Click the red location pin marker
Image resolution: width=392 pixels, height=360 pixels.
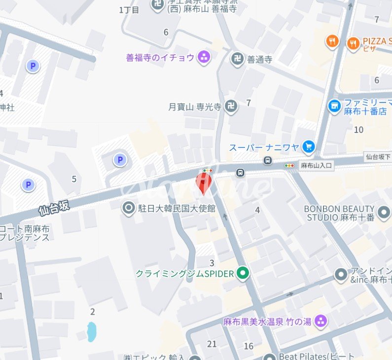coord(204,183)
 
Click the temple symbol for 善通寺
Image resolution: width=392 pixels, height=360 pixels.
coord(237,60)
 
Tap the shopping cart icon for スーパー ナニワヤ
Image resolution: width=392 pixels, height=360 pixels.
coord(309,147)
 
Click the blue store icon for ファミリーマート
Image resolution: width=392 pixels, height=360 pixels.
coord(335,105)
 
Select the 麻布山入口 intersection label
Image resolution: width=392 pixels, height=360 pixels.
coord(317,166)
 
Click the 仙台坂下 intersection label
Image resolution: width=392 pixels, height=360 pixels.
coord(378,157)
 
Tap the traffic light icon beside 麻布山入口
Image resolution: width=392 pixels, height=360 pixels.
coord(289,166)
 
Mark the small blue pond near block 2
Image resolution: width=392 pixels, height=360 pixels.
coord(91,331)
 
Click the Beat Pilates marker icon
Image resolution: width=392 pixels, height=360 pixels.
coord(269,357)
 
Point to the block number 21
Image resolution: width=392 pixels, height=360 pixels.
coord(212,344)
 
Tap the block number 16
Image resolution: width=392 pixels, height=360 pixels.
coord(249,346)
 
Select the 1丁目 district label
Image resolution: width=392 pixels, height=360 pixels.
coord(130,9)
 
